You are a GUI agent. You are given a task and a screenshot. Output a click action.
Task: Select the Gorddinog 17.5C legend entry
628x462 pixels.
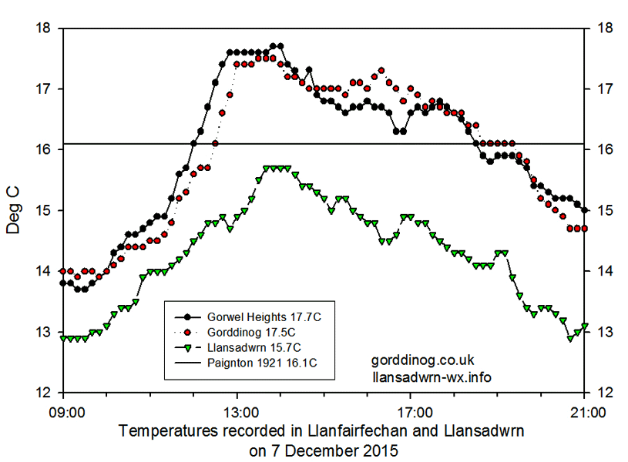[246, 332]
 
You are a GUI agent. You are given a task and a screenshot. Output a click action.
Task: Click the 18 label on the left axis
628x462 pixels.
[44, 28]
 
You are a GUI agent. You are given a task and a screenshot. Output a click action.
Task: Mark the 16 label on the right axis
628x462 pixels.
[605, 149]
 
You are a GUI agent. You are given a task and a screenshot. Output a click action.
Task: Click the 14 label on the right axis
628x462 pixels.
[605, 271]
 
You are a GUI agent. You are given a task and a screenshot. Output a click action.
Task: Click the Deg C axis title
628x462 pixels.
[15, 209]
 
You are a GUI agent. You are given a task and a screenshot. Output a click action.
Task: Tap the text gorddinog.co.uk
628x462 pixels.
[423, 361]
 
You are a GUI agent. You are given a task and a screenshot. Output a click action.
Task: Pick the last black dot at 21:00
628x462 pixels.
[585, 210]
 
